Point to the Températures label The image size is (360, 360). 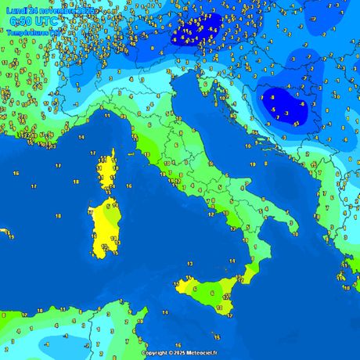(28, 33)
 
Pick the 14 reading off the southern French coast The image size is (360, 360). (60, 138)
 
